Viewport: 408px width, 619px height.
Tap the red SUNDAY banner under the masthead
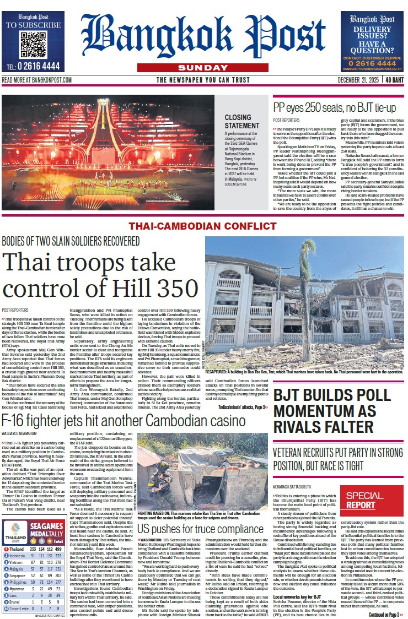[x=204, y=67]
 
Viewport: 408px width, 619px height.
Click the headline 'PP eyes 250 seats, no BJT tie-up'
[x=335, y=107]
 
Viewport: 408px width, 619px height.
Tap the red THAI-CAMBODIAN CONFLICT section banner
[x=203, y=226]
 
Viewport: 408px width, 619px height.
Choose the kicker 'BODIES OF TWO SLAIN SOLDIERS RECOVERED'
[x=71, y=241]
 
